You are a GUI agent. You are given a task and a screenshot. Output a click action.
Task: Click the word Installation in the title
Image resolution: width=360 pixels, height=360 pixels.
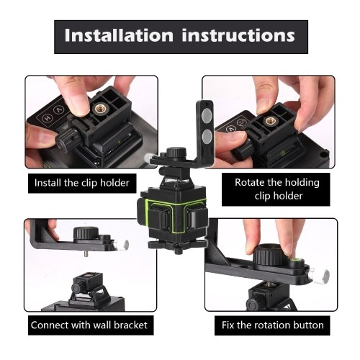119,35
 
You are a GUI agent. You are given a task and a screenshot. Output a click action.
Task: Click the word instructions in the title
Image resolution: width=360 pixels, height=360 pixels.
238,35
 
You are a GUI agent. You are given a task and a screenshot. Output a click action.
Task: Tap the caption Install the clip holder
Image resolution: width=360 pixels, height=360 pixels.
82,183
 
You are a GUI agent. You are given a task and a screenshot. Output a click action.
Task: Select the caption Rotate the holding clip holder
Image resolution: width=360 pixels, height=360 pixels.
277,189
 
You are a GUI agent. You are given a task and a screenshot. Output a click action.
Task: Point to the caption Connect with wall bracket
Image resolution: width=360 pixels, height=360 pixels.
89,325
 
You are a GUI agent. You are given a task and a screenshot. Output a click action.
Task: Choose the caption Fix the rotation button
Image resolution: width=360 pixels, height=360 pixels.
273,325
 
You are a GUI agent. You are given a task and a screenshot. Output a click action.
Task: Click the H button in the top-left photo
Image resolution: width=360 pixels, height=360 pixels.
47,118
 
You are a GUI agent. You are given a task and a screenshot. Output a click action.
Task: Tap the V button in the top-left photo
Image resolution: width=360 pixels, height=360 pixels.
58,111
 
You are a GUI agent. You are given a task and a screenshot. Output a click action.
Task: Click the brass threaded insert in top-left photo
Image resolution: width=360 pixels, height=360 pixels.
99,109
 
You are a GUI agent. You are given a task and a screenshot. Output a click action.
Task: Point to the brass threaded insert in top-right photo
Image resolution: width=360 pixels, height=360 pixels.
269,122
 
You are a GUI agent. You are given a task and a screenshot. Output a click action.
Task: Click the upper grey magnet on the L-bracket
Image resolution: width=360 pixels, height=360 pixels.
207,114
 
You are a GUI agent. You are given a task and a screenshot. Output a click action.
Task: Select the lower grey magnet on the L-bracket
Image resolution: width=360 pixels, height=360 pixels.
207,136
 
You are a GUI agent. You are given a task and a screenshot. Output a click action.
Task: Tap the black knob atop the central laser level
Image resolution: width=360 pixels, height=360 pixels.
176,153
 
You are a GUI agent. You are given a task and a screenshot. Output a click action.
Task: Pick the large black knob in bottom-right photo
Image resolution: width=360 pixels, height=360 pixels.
269,255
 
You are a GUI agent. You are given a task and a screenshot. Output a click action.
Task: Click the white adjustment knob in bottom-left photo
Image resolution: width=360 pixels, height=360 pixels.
122,245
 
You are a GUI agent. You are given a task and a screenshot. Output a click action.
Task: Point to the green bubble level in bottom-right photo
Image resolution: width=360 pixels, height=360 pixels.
294,261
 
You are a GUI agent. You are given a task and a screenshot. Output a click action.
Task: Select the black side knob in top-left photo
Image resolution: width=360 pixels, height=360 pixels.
66,138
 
